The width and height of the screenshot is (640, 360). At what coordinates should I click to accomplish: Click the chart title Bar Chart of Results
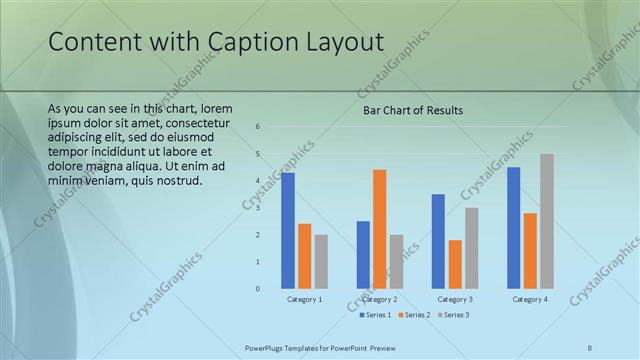(x=412, y=110)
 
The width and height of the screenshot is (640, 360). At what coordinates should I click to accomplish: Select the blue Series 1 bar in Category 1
(x=288, y=231)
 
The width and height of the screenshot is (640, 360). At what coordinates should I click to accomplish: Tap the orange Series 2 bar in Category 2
(x=379, y=229)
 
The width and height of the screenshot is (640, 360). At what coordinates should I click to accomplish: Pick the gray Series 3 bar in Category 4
(x=546, y=221)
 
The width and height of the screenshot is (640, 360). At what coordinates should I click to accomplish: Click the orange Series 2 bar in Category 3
(x=455, y=264)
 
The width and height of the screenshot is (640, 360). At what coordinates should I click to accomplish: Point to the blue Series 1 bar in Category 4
(x=513, y=228)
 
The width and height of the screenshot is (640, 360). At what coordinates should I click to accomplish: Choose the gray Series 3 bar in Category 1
(x=321, y=262)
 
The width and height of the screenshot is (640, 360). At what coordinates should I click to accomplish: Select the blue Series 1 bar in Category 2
(x=363, y=255)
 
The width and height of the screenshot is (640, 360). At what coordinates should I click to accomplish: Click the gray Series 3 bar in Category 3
(x=471, y=248)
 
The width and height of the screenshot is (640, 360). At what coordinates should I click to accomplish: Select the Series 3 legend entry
(x=452, y=315)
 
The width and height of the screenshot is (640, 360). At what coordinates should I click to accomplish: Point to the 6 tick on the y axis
(x=258, y=127)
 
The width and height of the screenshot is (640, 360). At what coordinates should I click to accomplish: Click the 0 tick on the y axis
(x=258, y=289)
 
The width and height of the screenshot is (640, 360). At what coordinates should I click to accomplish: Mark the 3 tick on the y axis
(x=258, y=208)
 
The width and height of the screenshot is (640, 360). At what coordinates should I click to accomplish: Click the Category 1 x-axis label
(x=305, y=299)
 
